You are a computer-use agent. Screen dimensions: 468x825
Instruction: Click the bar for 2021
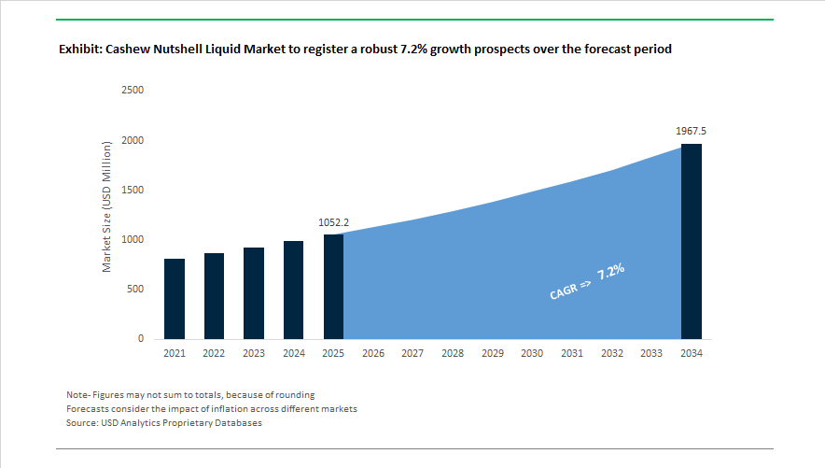(175, 299)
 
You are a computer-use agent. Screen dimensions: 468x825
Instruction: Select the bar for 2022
(214, 296)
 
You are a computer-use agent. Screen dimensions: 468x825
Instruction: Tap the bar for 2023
(254, 293)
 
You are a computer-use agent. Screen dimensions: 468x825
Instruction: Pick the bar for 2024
(294, 290)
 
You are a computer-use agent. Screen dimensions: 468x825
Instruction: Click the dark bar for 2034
(692, 241)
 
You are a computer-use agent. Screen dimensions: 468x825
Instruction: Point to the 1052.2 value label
(333, 223)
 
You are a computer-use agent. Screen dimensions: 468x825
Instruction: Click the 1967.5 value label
(692, 132)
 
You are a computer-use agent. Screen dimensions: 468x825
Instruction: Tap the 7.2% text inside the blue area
(611, 273)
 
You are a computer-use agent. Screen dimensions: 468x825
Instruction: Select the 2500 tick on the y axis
(133, 91)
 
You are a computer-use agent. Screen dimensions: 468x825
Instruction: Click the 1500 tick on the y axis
(133, 191)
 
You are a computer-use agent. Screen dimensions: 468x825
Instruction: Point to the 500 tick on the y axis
(135, 290)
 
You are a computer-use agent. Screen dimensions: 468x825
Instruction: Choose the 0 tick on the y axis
(141, 339)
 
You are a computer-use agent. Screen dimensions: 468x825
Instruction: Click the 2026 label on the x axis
(373, 354)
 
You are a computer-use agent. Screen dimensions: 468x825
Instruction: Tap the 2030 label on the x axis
(532, 354)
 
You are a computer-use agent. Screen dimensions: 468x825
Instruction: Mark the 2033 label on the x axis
(651, 354)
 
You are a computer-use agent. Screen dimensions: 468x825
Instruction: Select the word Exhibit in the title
(77, 50)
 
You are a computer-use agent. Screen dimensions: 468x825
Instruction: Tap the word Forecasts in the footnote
(89, 409)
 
